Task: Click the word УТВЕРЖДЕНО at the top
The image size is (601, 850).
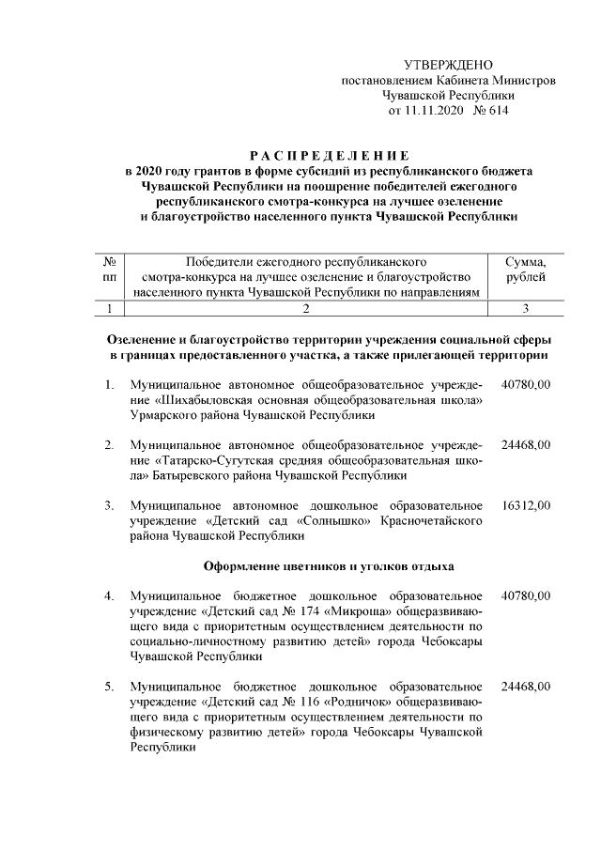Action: [x=448, y=65]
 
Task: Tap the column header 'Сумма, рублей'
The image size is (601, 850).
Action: [x=525, y=269]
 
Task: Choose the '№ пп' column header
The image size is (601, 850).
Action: [x=110, y=269]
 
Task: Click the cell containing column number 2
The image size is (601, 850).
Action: [x=306, y=308]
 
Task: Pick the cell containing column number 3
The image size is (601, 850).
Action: [x=525, y=308]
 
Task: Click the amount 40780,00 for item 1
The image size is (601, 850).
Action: [x=526, y=384]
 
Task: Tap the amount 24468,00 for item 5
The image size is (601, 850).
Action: [x=526, y=688]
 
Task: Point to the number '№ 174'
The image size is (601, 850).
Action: [x=290, y=611]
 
